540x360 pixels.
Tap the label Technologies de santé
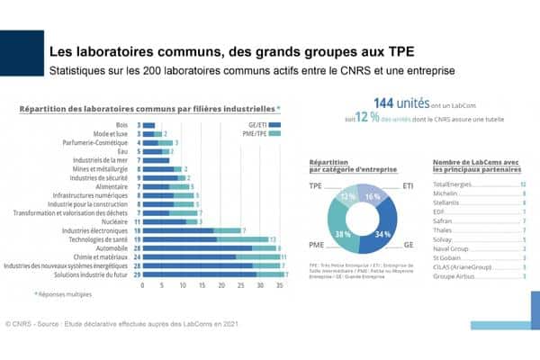[101, 238]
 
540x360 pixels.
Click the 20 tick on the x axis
[221, 285]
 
